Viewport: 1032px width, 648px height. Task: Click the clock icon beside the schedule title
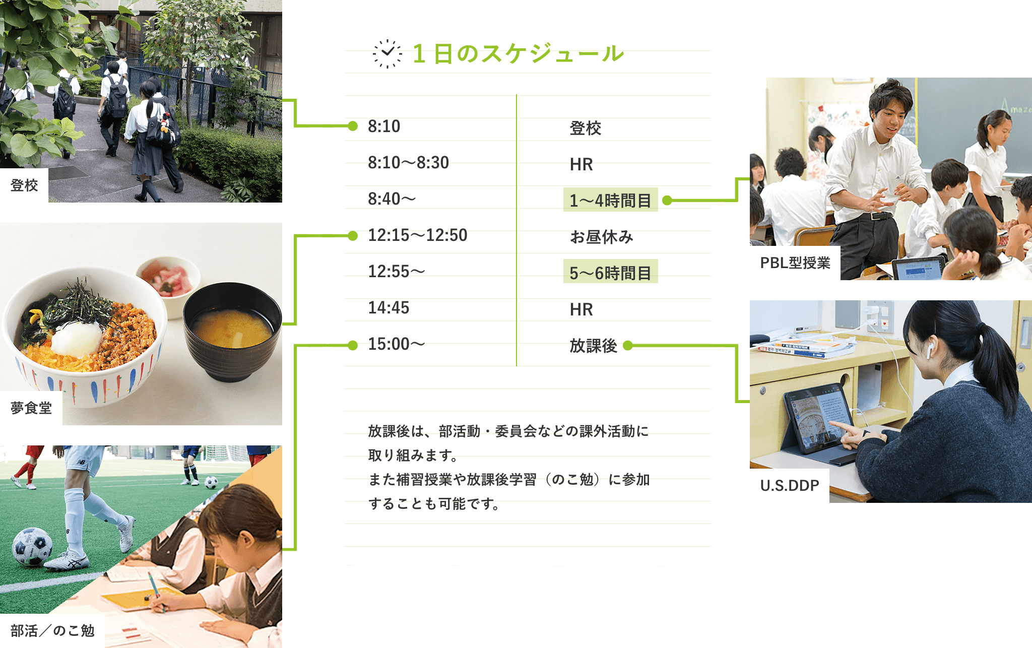coord(388,53)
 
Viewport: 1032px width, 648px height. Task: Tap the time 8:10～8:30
coord(408,163)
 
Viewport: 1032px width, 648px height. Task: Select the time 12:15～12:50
coord(418,235)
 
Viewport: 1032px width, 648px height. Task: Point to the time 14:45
coord(389,308)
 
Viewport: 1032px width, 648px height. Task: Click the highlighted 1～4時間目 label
coord(610,200)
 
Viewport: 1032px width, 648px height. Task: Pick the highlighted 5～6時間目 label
coord(610,272)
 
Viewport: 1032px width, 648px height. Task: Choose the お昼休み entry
coord(601,236)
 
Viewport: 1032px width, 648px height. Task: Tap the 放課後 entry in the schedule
coord(593,346)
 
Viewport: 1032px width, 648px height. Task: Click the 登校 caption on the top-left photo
coord(24,185)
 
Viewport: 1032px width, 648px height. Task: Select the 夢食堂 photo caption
coord(31,408)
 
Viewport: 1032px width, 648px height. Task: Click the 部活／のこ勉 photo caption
coord(52,631)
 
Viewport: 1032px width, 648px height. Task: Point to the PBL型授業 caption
coord(795,263)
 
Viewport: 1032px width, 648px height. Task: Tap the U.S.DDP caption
coord(790,486)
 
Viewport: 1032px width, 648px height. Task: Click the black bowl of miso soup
coord(232,331)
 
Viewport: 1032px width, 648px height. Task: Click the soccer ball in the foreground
coord(32,546)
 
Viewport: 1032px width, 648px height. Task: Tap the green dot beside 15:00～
coord(353,345)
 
